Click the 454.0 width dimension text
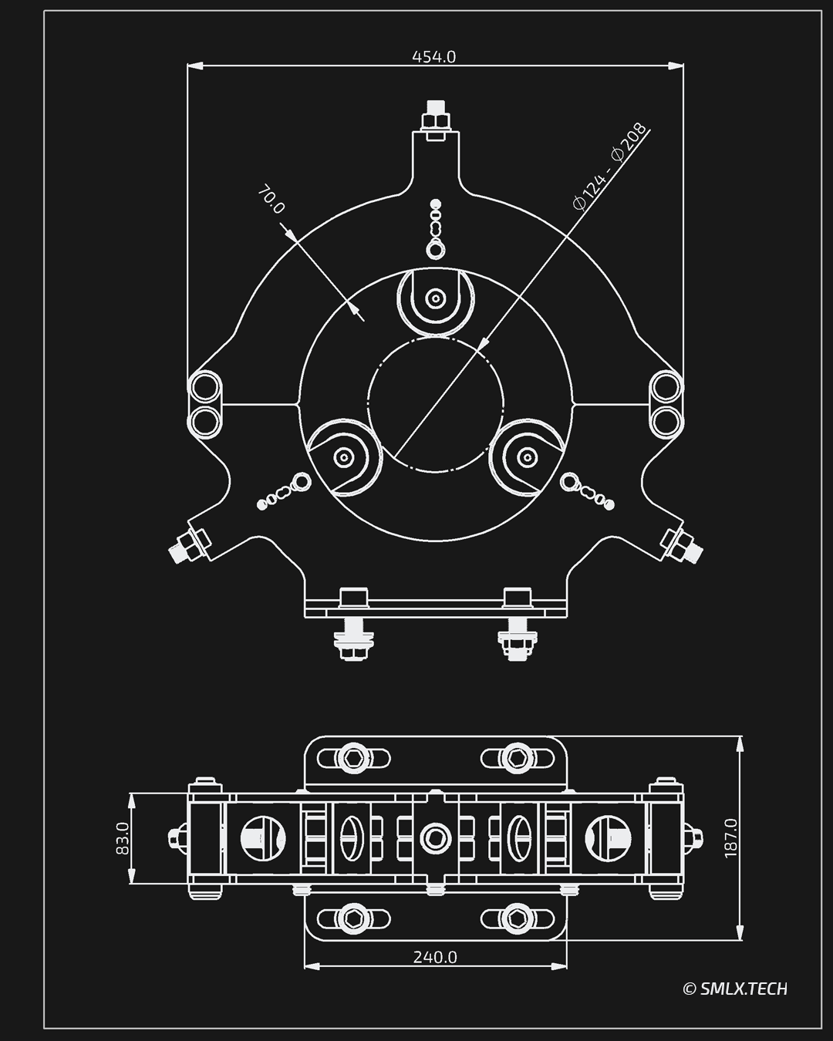point(434,57)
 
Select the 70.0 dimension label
point(271,199)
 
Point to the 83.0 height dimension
point(122,838)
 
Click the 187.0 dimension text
point(731,837)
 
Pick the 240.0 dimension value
point(435,957)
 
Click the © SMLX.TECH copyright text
point(735,989)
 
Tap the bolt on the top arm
point(435,119)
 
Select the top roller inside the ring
point(435,298)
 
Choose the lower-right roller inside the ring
point(527,457)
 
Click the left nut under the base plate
point(353,642)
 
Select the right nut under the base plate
point(516,642)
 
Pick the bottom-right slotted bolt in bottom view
point(516,918)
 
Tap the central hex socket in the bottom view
point(435,837)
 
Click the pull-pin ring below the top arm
point(436,249)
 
